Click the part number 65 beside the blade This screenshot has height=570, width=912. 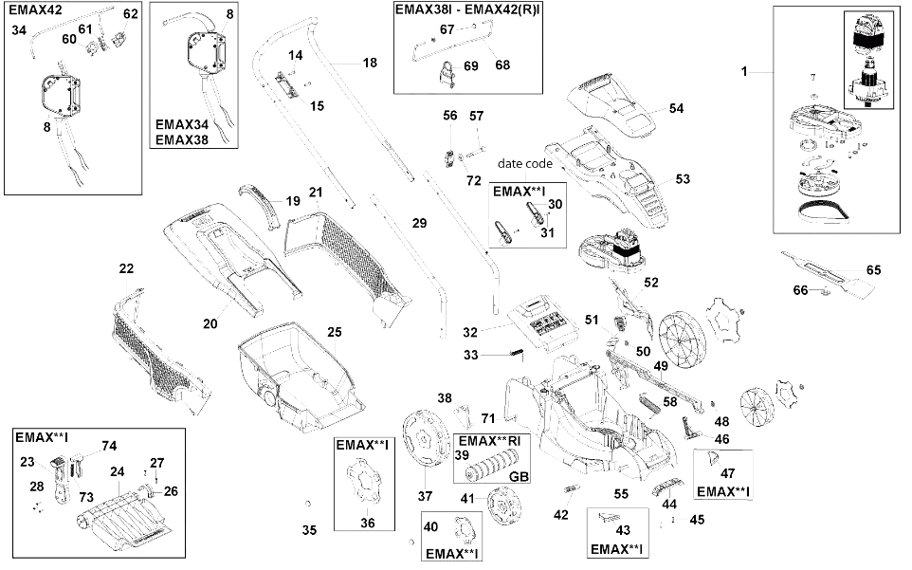click(874, 270)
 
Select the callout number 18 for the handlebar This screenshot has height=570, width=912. click(370, 63)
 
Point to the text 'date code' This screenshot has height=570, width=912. click(524, 163)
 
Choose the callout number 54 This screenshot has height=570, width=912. click(677, 108)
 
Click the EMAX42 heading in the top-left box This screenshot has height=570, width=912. click(35, 9)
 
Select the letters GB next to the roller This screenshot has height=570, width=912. click(519, 476)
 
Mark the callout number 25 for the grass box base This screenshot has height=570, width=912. click(335, 332)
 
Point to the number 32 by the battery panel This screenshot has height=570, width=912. click(470, 332)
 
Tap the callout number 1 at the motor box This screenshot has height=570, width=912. click(744, 71)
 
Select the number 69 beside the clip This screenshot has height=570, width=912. click(471, 65)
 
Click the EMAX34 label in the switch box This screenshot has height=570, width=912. click(181, 124)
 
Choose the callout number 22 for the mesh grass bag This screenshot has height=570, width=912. click(126, 268)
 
